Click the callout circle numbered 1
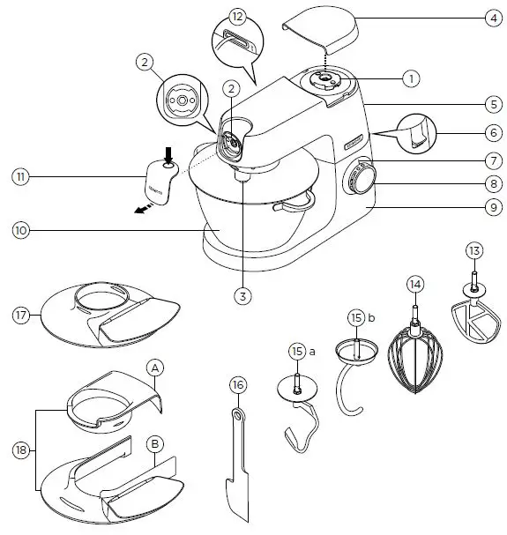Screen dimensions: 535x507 [x=410, y=78]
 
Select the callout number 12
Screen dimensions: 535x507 [x=235, y=17]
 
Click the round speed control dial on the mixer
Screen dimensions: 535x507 [x=360, y=181]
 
